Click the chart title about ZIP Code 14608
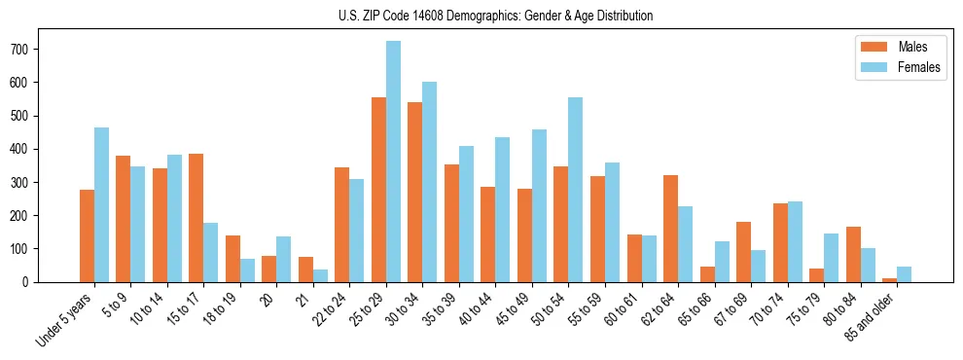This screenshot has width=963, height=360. tap(481, 16)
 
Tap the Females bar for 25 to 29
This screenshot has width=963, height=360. tap(393, 162)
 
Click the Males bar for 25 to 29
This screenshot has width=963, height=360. tap(378, 190)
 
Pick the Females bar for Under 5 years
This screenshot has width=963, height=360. tap(101, 204)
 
